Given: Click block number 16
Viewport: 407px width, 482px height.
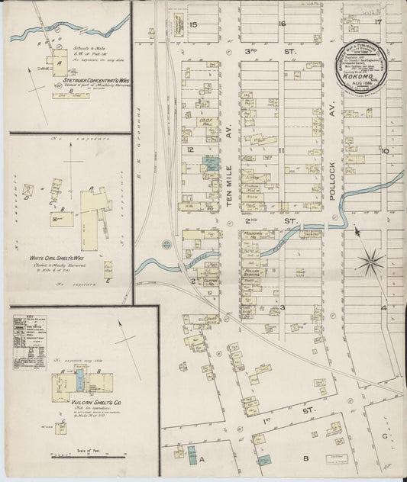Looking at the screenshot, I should tap(282, 24).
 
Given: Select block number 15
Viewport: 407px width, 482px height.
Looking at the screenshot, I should tap(193, 25).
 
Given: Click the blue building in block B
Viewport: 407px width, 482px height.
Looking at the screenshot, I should tap(268, 460).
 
